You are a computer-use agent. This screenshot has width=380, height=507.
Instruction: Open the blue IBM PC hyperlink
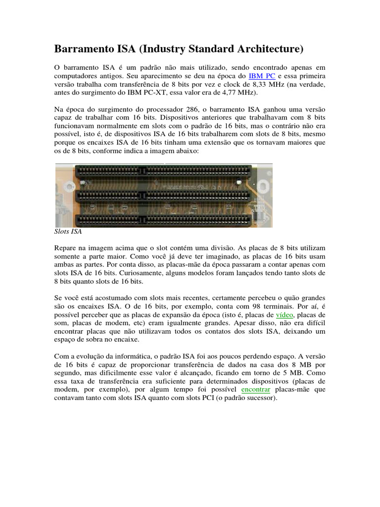pos(262,76)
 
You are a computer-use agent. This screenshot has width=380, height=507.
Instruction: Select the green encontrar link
pos(255,389)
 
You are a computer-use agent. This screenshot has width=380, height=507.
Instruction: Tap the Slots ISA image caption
pos(68,231)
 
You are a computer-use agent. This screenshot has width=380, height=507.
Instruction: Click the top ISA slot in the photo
pos(163,172)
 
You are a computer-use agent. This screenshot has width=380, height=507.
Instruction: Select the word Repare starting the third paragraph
pos(65,248)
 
